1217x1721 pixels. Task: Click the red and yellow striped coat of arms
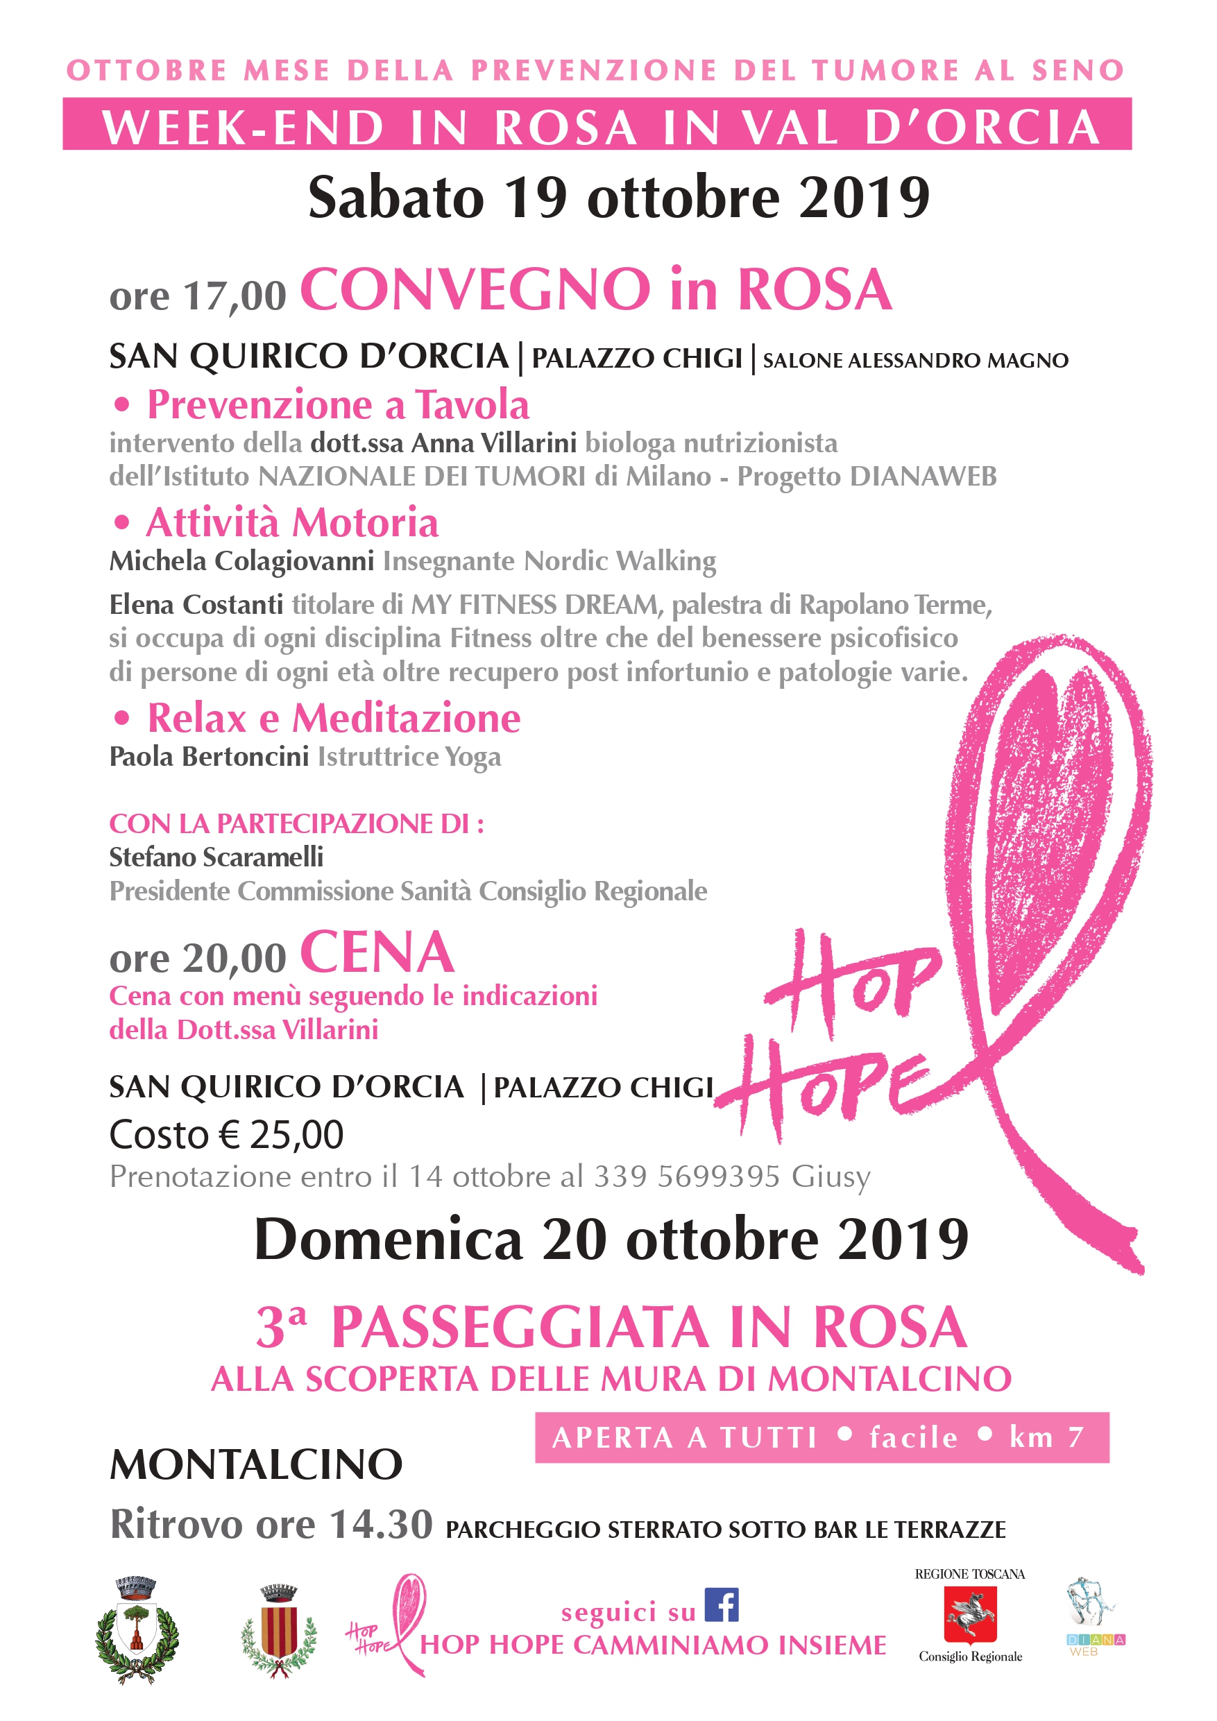[x=279, y=1631]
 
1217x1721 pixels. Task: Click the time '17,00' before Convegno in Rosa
[x=235, y=296]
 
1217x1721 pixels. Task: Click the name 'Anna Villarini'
[x=493, y=443]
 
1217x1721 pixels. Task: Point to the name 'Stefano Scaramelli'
[x=216, y=857]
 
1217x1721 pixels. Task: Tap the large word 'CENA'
[x=377, y=952]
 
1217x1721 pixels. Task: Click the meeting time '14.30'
[x=381, y=1524]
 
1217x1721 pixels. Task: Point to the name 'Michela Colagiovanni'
[x=241, y=560]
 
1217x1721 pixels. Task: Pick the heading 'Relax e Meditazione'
[x=333, y=718]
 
